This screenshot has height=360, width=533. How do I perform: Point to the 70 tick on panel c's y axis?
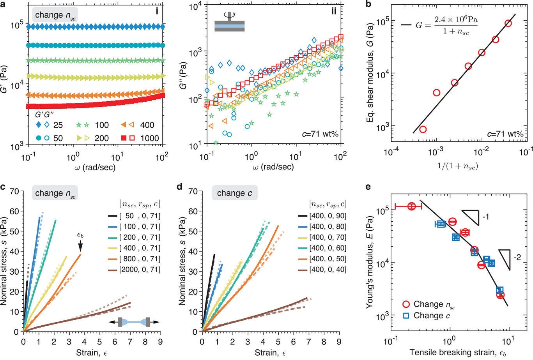pyautogui.click(x=16, y=191)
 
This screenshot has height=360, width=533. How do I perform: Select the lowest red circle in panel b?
pyautogui.click(x=423, y=129)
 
